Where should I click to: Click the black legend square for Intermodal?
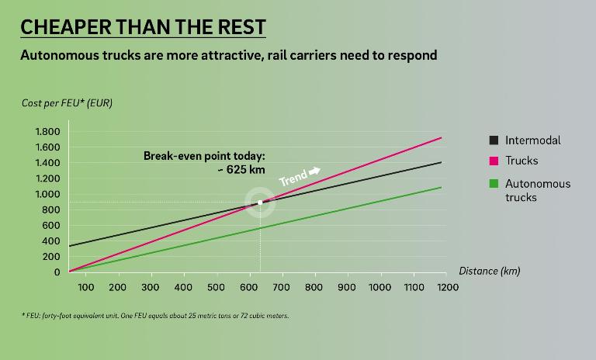(494, 140)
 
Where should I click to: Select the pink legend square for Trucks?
(494, 161)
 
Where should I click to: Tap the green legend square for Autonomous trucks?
(494, 184)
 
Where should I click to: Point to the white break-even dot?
(260, 202)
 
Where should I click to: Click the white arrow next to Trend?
(314, 170)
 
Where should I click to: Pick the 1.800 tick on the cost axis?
(47, 131)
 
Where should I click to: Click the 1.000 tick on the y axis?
(47, 194)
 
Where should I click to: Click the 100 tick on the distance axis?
(85, 287)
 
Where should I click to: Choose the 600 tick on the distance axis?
(249, 287)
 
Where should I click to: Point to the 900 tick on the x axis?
(348, 287)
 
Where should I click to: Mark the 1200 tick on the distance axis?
(446, 287)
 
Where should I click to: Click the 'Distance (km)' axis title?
(489, 271)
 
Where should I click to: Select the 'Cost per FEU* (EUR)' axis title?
(66, 103)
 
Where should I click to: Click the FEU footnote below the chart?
(154, 316)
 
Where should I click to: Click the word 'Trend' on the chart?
(293, 177)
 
